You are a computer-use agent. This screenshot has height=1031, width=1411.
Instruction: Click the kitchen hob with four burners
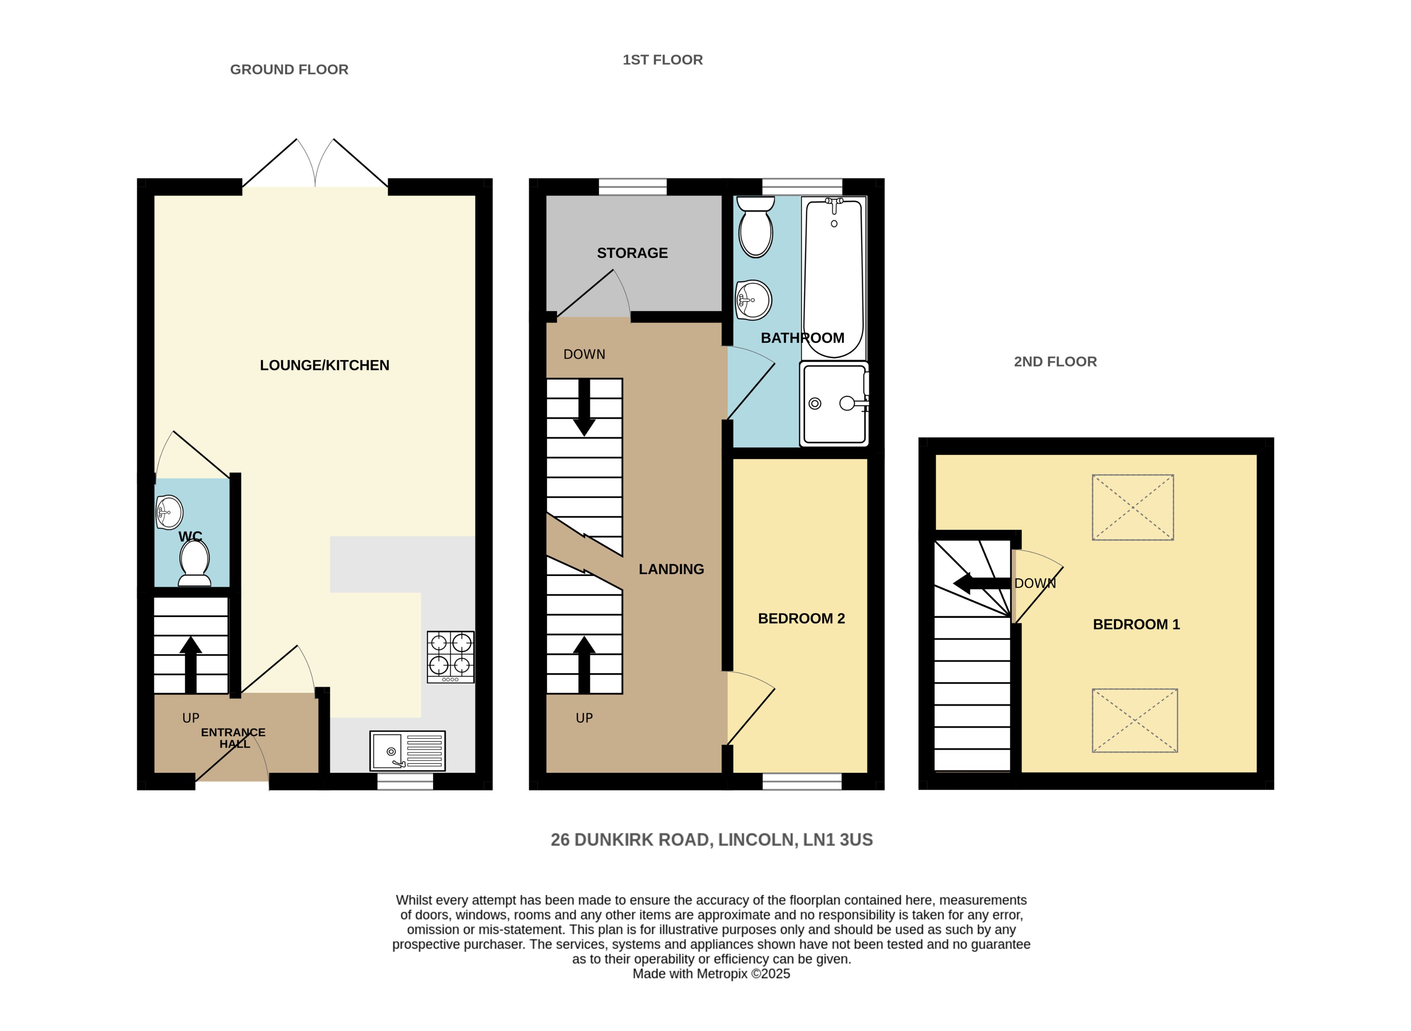tap(451, 657)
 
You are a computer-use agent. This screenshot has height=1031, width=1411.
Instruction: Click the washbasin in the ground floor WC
tap(169, 512)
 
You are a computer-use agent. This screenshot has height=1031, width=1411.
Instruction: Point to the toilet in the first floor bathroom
tap(756, 227)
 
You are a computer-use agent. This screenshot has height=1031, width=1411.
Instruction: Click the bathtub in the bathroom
tap(834, 278)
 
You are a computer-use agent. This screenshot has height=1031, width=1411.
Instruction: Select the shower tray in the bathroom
tap(834, 404)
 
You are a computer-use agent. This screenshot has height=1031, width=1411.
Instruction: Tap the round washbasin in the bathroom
tap(753, 300)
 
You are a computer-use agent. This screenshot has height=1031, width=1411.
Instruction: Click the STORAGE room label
tap(632, 253)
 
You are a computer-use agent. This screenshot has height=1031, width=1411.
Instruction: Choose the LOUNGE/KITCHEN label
tap(325, 365)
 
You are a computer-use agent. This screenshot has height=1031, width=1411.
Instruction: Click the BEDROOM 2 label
tap(801, 619)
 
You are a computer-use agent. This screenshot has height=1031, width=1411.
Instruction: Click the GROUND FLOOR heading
tap(289, 69)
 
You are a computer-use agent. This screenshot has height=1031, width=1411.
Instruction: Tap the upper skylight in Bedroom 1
tap(1133, 507)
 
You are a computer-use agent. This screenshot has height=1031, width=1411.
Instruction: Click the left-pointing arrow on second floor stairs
tap(980, 583)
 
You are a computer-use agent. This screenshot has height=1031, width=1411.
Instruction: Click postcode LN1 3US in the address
tap(838, 840)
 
